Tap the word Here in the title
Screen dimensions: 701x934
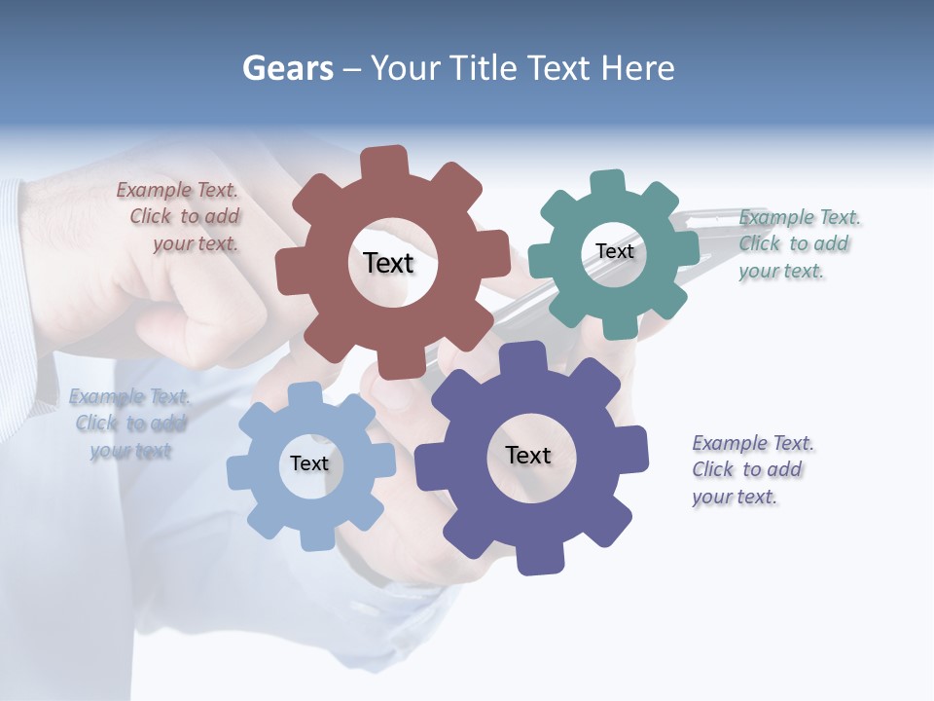pyautogui.click(x=637, y=68)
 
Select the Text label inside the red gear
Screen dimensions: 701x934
pyautogui.click(x=388, y=263)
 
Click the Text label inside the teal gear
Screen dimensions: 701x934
pyautogui.click(x=614, y=251)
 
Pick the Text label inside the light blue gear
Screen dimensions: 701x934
pyautogui.click(x=309, y=463)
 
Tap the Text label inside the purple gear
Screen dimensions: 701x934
pyautogui.click(x=528, y=455)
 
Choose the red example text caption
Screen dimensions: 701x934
pyautogui.click(x=180, y=217)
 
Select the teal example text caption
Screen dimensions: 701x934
pyautogui.click(x=798, y=243)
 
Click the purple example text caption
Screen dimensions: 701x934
pyautogui.click(x=751, y=469)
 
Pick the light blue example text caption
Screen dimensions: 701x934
pyautogui.click(x=129, y=424)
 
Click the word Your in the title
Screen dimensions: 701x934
pyautogui.click(x=406, y=68)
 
